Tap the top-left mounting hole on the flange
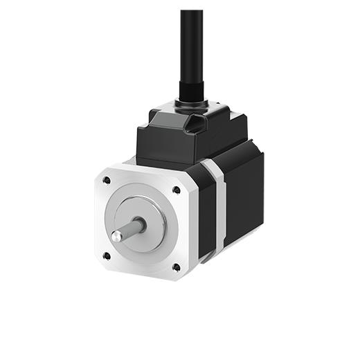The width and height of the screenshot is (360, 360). coord(106,181)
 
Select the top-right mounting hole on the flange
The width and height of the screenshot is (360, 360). coord(177,189)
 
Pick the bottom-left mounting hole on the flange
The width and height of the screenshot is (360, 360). coord(107,255)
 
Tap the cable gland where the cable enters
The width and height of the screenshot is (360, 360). coord(190,93)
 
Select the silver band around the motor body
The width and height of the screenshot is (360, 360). coord(217,208)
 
